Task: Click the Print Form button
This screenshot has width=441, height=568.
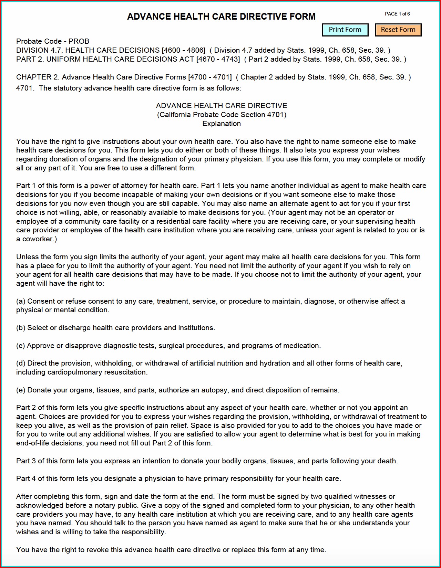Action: [345, 30]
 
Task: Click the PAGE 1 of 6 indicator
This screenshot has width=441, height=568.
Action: [397, 14]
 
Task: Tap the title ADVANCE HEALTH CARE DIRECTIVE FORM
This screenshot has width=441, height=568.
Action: [221, 17]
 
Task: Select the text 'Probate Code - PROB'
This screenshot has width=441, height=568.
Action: [53, 41]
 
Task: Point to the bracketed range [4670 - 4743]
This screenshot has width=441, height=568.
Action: [218, 59]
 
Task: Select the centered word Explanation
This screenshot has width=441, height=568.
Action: [222, 124]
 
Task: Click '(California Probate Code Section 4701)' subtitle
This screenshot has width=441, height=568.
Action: [222, 115]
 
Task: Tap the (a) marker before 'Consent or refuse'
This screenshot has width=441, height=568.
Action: [21, 301]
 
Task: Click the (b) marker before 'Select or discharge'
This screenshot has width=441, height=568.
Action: [21, 328]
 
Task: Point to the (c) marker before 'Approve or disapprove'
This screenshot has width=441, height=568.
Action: [21, 346]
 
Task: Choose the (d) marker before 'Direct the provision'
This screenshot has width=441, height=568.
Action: [21, 363]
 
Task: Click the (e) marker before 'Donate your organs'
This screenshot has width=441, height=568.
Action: [21, 390]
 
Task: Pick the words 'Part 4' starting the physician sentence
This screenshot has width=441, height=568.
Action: [26, 478]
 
